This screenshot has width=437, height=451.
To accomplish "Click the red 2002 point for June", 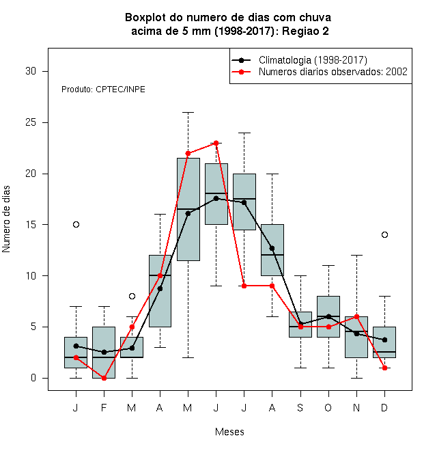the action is [216, 143].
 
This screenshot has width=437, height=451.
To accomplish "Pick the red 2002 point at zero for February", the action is [104, 378].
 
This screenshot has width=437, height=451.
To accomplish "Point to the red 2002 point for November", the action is [357, 316].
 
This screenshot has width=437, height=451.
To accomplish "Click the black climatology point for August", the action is [272, 248].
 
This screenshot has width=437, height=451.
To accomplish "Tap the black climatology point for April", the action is [160, 288].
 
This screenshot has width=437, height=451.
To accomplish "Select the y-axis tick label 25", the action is [31, 122].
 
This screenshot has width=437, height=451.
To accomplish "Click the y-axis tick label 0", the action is [33, 378].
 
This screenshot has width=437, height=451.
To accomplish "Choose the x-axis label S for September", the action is [300, 407].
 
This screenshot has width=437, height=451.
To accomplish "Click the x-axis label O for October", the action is [328, 407].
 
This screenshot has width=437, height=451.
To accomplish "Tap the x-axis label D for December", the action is [384, 407].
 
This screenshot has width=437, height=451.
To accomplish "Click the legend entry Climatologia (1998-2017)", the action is [313, 60].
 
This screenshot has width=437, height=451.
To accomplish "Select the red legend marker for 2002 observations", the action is [241, 72].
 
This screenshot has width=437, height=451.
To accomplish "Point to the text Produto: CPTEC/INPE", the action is [103, 90].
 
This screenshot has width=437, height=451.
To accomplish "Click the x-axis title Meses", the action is [229, 432].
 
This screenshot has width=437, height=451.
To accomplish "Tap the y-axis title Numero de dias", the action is [6, 219].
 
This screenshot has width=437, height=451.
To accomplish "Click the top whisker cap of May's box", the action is [188, 113].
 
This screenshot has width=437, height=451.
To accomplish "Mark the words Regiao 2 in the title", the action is [305, 31].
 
